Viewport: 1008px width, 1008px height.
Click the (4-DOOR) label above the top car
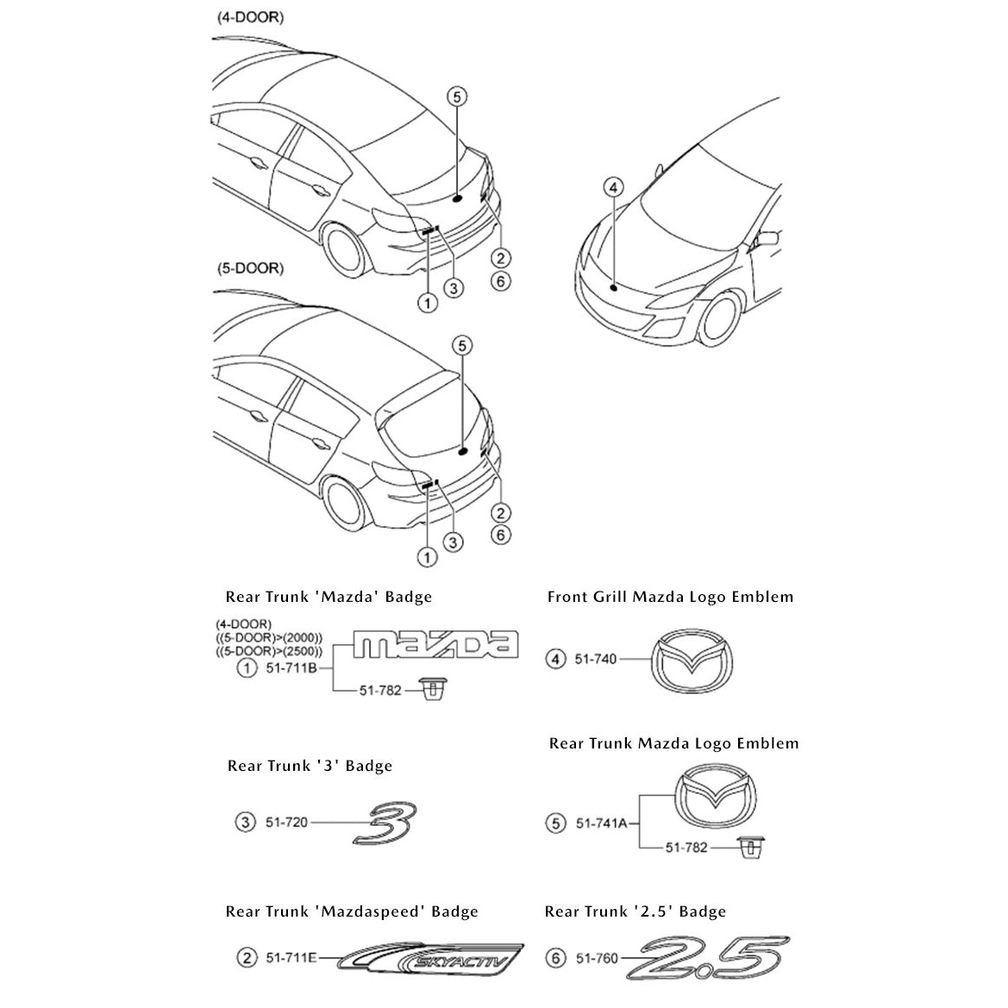(x=249, y=18)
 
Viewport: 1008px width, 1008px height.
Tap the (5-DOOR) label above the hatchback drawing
(x=249, y=268)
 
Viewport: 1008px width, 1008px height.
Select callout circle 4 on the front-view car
(x=613, y=187)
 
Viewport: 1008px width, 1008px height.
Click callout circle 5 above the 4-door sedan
(x=457, y=97)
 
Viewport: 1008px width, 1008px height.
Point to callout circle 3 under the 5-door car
(x=453, y=542)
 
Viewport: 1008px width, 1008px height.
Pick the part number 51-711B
(x=290, y=668)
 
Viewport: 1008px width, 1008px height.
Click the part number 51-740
(x=596, y=660)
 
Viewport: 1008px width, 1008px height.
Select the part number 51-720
(x=286, y=823)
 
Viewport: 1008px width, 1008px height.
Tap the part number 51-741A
(x=602, y=823)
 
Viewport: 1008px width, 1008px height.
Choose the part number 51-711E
(x=289, y=957)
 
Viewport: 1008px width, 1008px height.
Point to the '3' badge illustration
(x=385, y=822)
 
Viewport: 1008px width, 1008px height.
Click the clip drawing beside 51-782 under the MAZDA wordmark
(x=432, y=689)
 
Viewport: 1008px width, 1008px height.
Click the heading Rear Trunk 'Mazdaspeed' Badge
(x=352, y=911)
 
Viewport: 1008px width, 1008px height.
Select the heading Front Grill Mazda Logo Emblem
(x=670, y=597)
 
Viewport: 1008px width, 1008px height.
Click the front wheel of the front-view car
(x=719, y=320)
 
